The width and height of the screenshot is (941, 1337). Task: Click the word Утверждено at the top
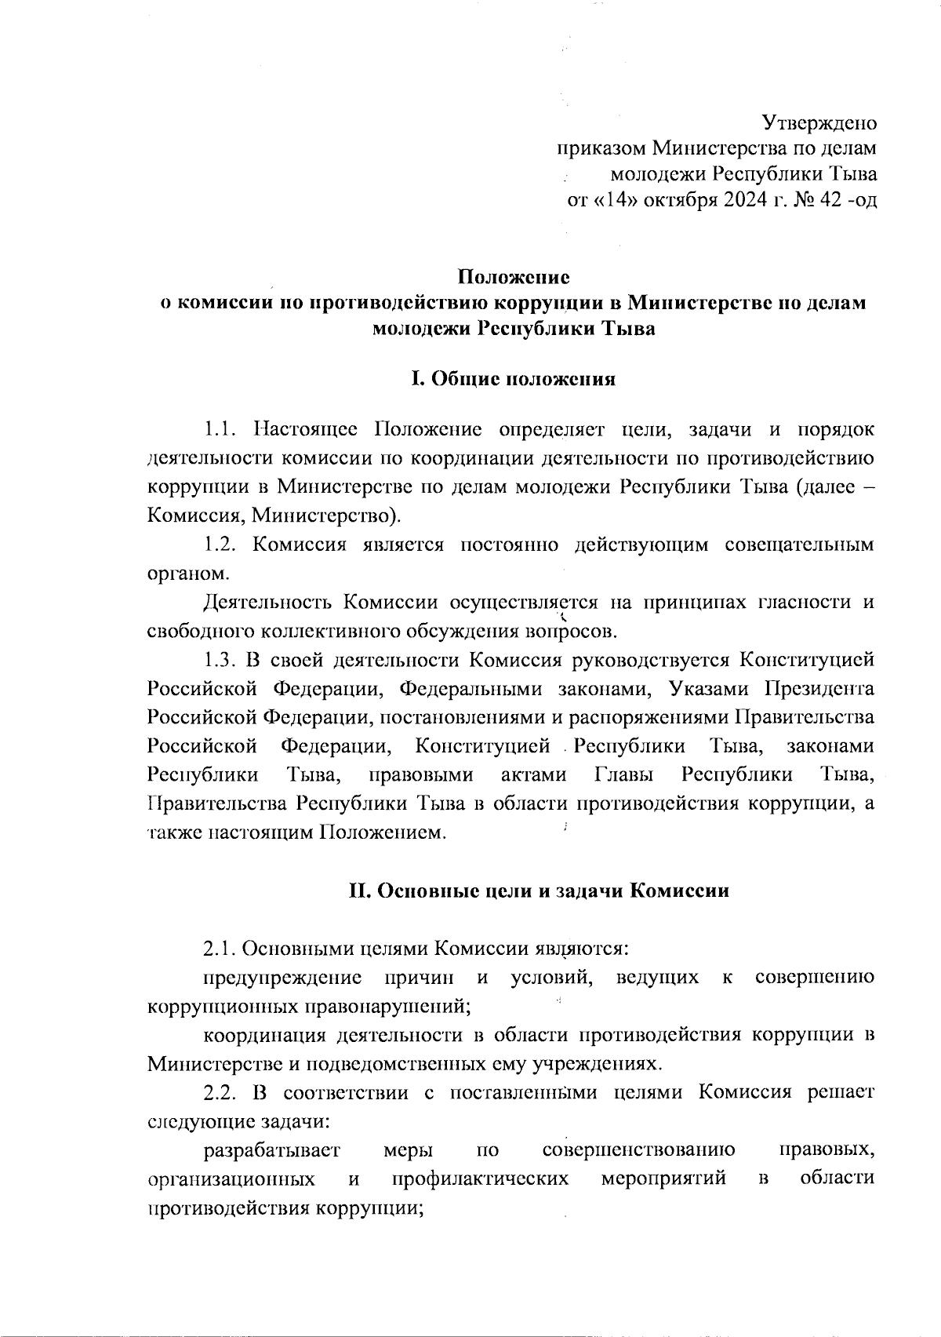click(819, 123)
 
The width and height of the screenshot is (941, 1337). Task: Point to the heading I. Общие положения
click(513, 380)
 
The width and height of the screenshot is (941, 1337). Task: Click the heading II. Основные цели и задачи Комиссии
click(539, 891)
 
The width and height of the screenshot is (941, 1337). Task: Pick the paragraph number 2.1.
click(220, 949)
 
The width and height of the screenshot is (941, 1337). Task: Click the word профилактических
click(480, 1179)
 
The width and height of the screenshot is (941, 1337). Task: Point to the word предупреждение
click(282, 978)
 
